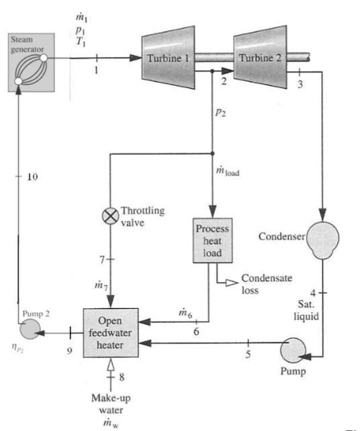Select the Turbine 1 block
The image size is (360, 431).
[168, 58]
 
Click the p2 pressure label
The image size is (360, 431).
[220, 112]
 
